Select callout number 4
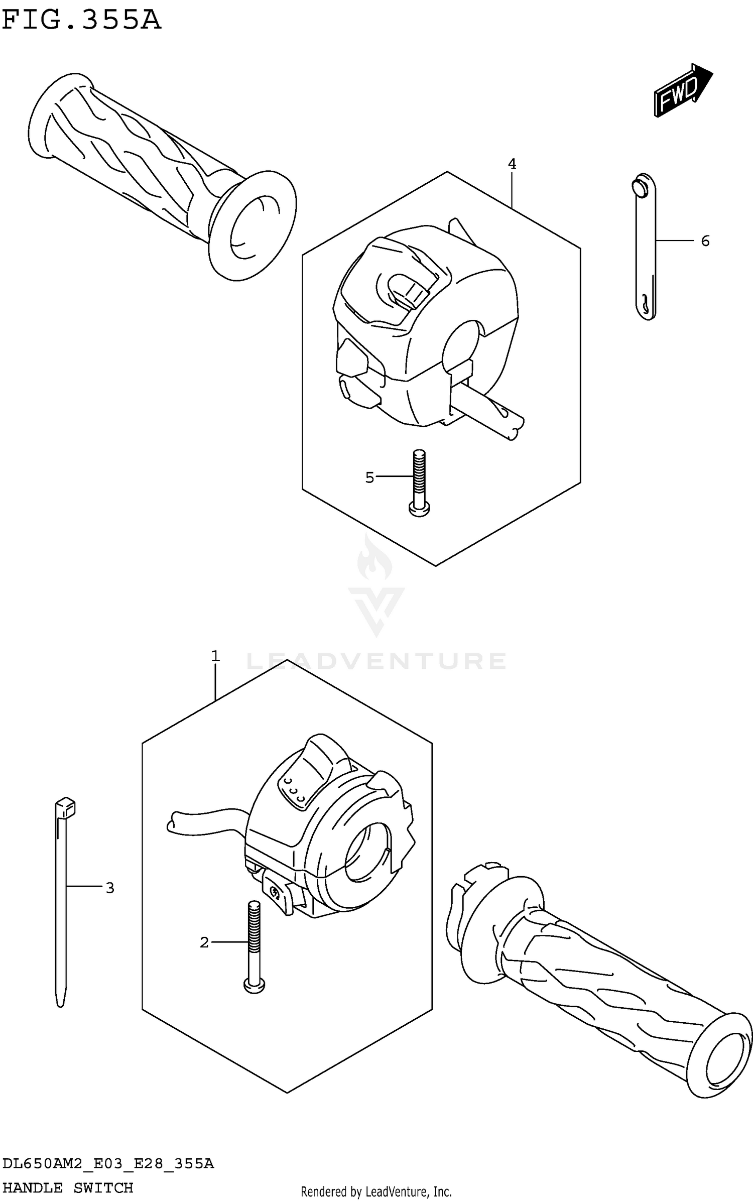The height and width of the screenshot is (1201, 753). (512, 164)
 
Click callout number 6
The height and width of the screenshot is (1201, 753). (705, 242)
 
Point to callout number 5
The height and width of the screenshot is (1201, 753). (369, 477)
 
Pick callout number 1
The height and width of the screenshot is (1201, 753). (215, 656)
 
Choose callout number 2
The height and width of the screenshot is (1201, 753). (204, 943)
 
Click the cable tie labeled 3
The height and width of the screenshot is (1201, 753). (61, 894)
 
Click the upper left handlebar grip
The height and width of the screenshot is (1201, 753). (156, 171)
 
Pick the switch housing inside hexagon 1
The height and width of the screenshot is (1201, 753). (321, 828)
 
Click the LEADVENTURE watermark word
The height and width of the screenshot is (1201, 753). (376, 661)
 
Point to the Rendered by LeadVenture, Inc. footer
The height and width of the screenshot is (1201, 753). (376, 1188)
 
